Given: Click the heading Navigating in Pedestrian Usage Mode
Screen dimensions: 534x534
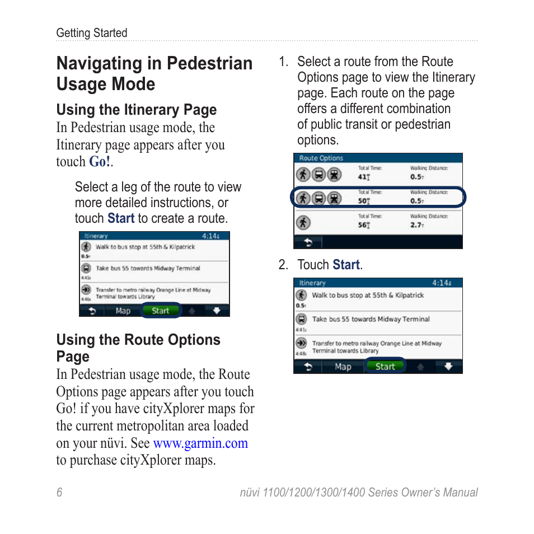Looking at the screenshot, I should (x=154, y=73).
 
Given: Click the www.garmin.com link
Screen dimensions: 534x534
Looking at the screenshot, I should (x=200, y=443).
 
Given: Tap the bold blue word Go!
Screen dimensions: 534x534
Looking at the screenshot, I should (x=100, y=162).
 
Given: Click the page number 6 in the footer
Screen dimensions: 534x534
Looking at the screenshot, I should (x=59, y=493).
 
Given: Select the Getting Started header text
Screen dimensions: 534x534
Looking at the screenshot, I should (x=92, y=33).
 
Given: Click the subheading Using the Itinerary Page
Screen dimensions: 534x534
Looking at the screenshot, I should (x=137, y=110).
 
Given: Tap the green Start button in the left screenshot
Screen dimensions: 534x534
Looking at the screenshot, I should (x=161, y=311).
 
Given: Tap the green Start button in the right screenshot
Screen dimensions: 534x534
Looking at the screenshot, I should (x=385, y=367).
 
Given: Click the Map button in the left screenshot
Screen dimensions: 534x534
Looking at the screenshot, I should (x=123, y=311).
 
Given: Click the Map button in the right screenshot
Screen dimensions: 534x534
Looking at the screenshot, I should (x=343, y=367).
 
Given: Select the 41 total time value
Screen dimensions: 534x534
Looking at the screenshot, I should (x=363, y=177).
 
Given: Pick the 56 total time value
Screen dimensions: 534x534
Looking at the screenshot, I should (x=363, y=225).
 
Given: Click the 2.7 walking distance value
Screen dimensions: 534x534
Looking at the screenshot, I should (x=416, y=225).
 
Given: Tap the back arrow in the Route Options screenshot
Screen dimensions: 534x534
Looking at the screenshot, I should (x=308, y=242).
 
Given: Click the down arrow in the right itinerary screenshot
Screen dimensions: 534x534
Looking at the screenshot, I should (x=448, y=367).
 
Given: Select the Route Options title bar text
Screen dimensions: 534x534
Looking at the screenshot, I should (x=321, y=158).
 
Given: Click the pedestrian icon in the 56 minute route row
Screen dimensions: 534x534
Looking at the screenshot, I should (x=303, y=222).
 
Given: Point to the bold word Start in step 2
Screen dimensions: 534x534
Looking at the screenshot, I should (x=346, y=265).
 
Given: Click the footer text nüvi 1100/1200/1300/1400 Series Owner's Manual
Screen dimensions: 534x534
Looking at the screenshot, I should (x=359, y=493).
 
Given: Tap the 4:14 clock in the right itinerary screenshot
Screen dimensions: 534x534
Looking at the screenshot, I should (x=442, y=283).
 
